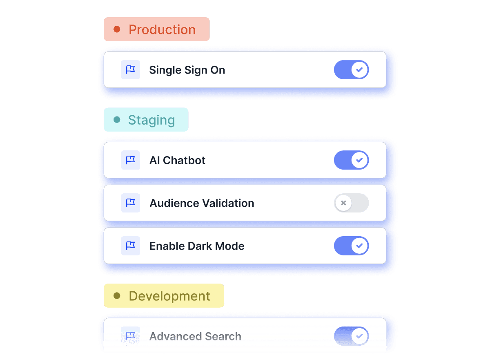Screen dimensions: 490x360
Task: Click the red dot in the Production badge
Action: [x=117, y=29]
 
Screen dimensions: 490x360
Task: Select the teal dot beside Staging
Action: [x=117, y=120]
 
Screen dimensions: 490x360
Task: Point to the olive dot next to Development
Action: [x=117, y=296]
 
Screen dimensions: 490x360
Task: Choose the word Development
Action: [x=170, y=297]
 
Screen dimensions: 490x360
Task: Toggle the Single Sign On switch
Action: [x=352, y=70]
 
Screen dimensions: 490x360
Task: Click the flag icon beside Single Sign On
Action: [x=131, y=70]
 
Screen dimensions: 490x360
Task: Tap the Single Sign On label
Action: [x=187, y=70]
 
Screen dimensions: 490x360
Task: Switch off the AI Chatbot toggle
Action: [x=352, y=160]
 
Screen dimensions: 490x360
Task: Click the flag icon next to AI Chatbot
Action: [x=131, y=160]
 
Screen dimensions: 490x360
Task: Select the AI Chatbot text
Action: [x=178, y=161]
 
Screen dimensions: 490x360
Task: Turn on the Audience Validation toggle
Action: [x=352, y=203]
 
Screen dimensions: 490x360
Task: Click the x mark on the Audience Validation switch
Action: [x=344, y=203]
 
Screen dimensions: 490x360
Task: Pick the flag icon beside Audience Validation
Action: [x=131, y=203]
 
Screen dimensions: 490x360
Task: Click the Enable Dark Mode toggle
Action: [x=352, y=246]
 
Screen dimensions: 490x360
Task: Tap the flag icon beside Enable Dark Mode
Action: [x=131, y=246]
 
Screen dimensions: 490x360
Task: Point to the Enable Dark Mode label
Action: [x=197, y=246]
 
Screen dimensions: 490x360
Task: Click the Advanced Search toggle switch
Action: [x=352, y=336]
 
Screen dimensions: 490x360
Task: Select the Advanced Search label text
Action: [x=196, y=337]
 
